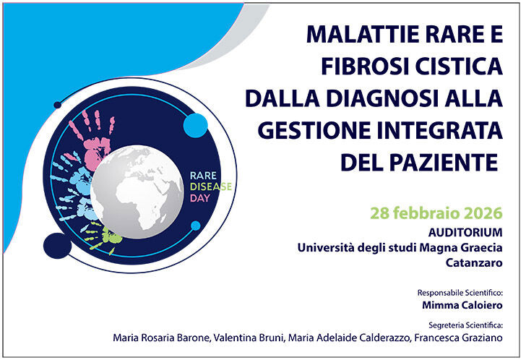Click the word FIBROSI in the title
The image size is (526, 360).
coord(357,67)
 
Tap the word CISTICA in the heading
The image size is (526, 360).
coord(455,67)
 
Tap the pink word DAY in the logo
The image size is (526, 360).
coord(199,197)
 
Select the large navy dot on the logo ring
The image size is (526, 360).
coord(58,245)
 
